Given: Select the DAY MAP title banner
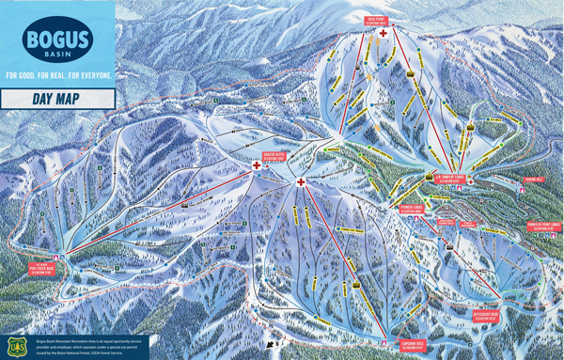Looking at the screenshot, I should pos(57,99).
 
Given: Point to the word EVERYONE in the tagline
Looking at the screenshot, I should pos(90,74).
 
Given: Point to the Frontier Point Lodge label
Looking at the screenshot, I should pos(542,226).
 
